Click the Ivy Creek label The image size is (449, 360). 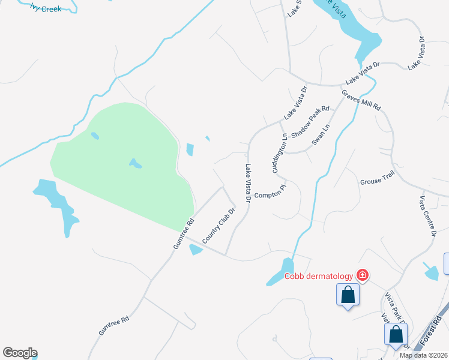point(47,9)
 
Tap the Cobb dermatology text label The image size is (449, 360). point(318,276)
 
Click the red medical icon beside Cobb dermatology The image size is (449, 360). point(362,275)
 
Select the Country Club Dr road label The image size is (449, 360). point(217,225)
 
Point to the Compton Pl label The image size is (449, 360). point(271,194)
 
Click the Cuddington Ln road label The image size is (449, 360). point(280,154)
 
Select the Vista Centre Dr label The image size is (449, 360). point(427,217)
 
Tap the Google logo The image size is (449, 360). point(20,353)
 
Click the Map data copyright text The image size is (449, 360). point(424,355)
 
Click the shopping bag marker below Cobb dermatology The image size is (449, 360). point(348,295)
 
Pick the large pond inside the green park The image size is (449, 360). point(135,163)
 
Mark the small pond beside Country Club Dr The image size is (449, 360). point(196,250)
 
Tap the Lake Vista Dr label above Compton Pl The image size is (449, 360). point(247,183)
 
